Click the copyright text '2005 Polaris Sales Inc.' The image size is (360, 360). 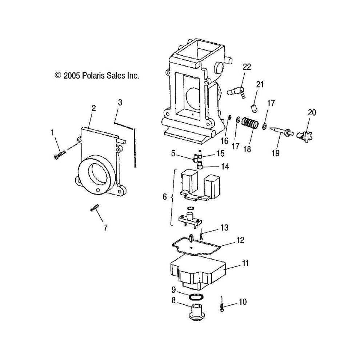coord(101,76)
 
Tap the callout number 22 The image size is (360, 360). coord(247,67)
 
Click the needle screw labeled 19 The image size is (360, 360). coord(281,131)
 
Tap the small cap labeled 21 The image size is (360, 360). coord(254,108)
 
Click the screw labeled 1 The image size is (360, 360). coord(60,155)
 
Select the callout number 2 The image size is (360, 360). coord(93,108)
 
